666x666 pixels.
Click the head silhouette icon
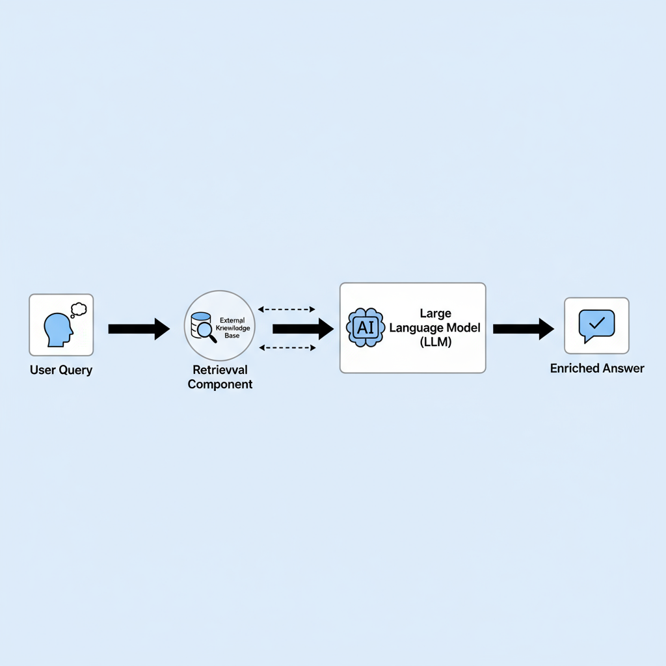[58, 330]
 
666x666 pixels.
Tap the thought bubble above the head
[79, 310]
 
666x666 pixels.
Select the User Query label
[61, 370]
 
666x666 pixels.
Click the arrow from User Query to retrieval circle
[139, 328]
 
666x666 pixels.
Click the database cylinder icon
[200, 325]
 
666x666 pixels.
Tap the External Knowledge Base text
[232, 328]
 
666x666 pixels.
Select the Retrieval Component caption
[220, 377]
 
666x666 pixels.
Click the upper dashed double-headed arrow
[287, 309]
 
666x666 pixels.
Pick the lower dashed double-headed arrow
[287, 348]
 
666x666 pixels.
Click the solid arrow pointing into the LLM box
[303, 328]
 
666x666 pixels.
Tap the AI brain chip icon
[366, 328]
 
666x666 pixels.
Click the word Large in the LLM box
[435, 314]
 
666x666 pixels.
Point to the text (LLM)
[435, 342]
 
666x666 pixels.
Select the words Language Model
[435, 328]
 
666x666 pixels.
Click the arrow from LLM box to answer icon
[524, 328]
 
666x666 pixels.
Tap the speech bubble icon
[597, 326]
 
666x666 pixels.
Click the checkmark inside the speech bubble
[597, 323]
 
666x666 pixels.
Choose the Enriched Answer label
[597, 368]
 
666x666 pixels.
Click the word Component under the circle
[220, 384]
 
